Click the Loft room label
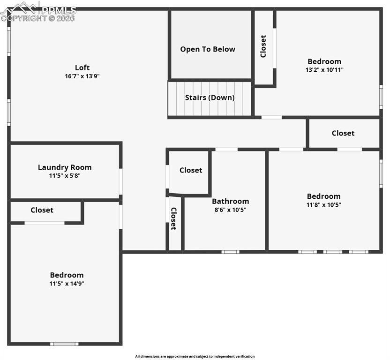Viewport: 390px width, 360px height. (x=82, y=67)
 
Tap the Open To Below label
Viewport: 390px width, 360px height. (x=208, y=49)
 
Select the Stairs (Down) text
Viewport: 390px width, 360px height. (x=210, y=97)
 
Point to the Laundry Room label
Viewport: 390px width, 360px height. (x=65, y=167)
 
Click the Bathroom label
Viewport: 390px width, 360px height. (x=230, y=201)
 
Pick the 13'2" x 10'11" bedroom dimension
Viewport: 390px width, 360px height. (x=324, y=70)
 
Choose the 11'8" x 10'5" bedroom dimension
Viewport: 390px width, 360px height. (x=323, y=205)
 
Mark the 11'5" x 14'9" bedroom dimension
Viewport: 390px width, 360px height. (x=67, y=284)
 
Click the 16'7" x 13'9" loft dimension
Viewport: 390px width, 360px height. (x=82, y=76)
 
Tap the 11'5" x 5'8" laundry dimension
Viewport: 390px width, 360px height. (x=65, y=176)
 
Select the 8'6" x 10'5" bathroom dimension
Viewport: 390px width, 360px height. (x=230, y=210)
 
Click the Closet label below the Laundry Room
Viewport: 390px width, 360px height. (x=42, y=210)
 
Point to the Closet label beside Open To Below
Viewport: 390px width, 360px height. (x=263, y=46)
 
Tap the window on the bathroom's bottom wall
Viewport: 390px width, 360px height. (x=230, y=252)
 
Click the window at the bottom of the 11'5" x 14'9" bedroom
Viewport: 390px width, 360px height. (x=64, y=344)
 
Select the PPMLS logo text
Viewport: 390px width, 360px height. (x=59, y=10)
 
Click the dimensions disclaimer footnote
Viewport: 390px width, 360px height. (x=195, y=356)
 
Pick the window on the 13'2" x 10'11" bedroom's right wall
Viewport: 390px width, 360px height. (x=381, y=97)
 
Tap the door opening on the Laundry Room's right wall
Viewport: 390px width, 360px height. (x=120, y=181)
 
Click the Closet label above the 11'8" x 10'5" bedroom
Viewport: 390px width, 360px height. (x=343, y=133)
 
